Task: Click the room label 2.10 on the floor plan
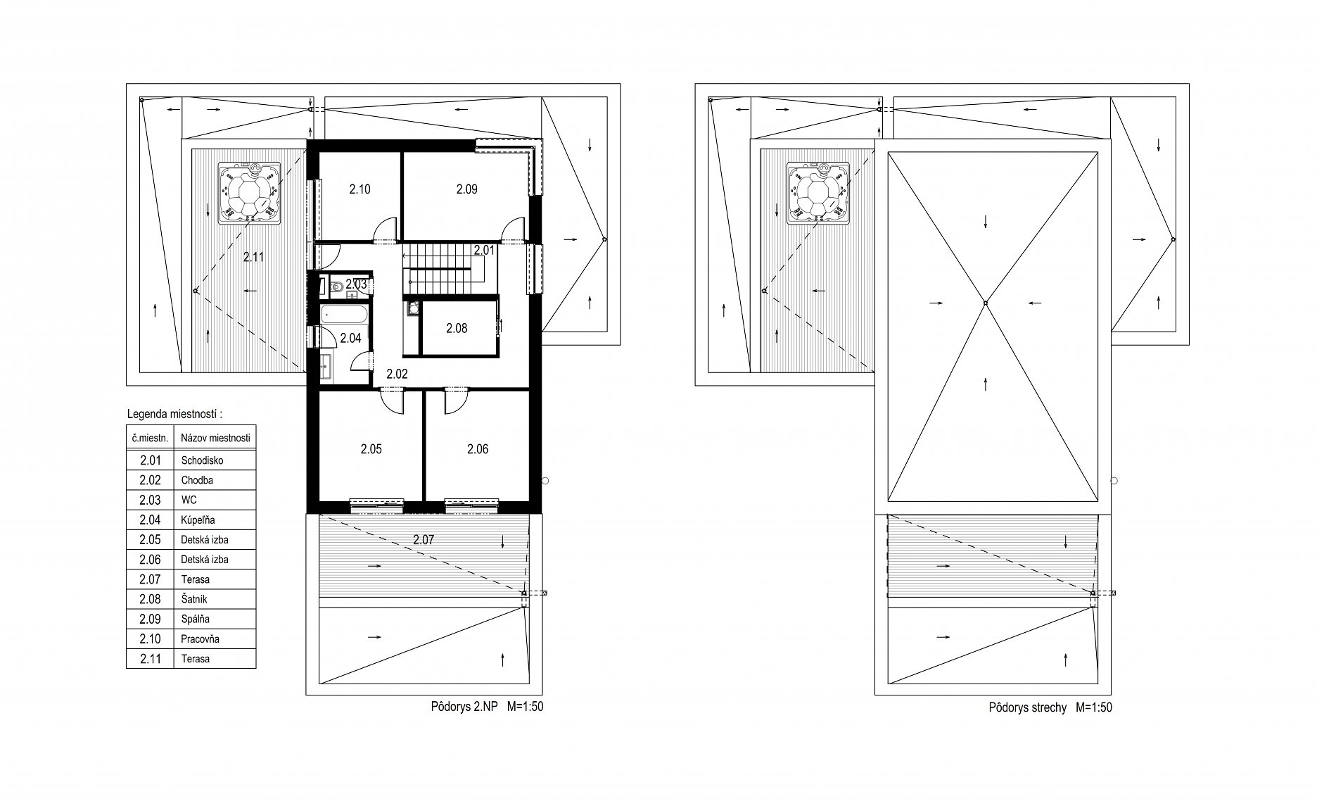(x=360, y=189)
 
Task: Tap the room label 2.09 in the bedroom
(x=466, y=189)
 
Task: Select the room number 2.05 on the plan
(x=371, y=449)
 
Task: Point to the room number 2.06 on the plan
(x=478, y=449)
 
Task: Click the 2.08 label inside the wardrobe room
(x=457, y=328)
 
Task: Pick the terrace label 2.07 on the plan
(x=424, y=541)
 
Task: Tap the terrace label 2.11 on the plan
(x=253, y=258)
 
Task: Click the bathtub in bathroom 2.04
(x=343, y=315)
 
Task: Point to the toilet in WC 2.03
(x=336, y=286)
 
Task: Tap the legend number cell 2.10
(x=151, y=639)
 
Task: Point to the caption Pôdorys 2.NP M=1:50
(x=487, y=707)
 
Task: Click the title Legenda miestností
(x=179, y=414)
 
